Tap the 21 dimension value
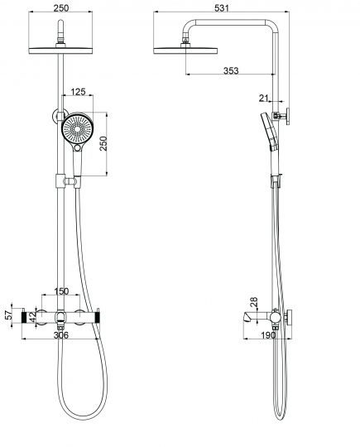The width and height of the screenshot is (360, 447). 265,99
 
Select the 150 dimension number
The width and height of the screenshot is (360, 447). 60,292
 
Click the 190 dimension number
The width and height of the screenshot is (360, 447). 266,336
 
